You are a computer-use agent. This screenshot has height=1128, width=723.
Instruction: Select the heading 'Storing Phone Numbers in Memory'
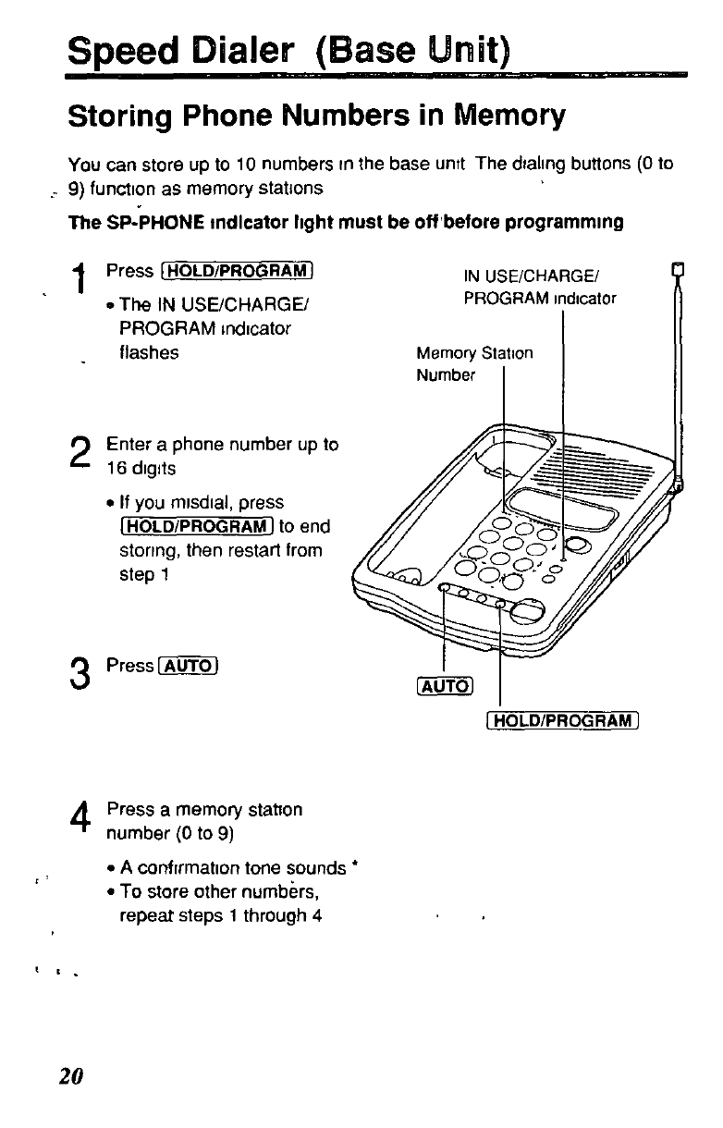click(x=316, y=116)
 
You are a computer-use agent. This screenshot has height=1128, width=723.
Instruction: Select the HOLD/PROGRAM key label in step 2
click(x=190, y=527)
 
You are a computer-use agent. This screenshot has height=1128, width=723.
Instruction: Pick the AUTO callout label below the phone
click(x=446, y=685)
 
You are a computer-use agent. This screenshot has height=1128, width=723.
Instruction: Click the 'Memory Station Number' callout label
click(x=474, y=364)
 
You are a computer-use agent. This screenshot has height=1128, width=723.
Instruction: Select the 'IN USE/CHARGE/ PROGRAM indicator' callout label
click(x=539, y=287)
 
